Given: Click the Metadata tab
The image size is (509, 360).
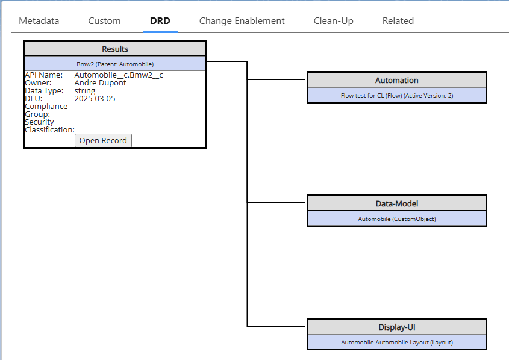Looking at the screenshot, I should coord(39,21).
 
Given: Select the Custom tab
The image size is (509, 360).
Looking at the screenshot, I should coord(104,21).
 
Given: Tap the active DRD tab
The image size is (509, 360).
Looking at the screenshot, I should coord(160,21).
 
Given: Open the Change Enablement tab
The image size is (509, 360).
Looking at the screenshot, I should coord(242,21).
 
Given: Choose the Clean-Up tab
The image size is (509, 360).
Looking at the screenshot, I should coord(333,21).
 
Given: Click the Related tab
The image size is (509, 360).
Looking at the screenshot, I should coord(398,21).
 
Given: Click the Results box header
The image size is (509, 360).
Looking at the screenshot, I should coord(115,49).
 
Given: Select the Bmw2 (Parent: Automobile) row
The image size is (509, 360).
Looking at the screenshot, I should coord(115,64).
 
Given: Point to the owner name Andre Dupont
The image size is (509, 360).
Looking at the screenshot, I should coord(100,83).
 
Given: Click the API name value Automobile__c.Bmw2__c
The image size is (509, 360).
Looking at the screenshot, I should coord(118,75).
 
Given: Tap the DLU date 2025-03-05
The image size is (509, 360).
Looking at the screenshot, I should coord(95,99).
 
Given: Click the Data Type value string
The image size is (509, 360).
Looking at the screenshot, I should coord(85,91).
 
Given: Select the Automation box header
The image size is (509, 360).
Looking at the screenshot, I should coord(396,80).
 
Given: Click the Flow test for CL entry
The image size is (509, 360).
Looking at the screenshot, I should coord(396,96).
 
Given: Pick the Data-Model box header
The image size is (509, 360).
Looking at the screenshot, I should coord(396,203).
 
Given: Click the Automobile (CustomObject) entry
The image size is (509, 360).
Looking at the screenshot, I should coord(396,219).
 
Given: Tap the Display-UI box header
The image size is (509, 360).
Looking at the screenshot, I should coord(396,327).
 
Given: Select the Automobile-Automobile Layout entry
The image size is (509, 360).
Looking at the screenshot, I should coord(396,343).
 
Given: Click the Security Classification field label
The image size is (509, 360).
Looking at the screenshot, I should coord(49,126).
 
